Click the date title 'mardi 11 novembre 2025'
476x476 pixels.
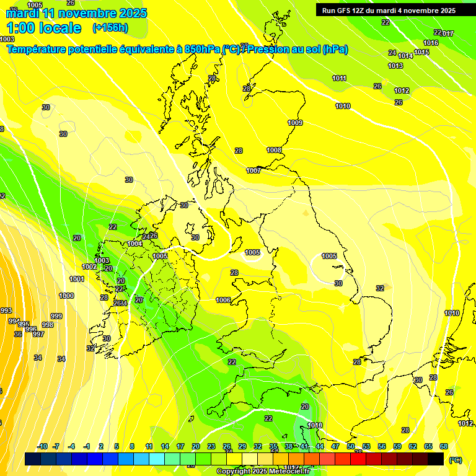pyautogui.click(x=77, y=13)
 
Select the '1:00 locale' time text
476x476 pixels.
pyautogui.click(x=43, y=28)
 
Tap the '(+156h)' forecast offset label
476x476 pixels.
pyautogui.click(x=110, y=28)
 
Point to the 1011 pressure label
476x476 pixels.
pyautogui.click(x=339, y=78)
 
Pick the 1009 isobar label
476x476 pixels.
pyautogui.click(x=295, y=123)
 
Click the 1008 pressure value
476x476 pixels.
pyautogui.click(x=274, y=150)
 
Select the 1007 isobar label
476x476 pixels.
pyautogui.click(x=253, y=170)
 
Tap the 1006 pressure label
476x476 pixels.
pyautogui.click(x=223, y=300)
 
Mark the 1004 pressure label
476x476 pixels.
pyautogui.click(x=135, y=244)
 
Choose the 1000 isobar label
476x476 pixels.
pyautogui.click(x=66, y=296)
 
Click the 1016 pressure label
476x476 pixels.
pyautogui.click(x=431, y=43)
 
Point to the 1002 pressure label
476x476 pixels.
pyautogui.click(x=89, y=267)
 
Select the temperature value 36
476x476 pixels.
pyautogui.click(x=18, y=334)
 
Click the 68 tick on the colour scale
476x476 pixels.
pyautogui.click(x=444, y=446)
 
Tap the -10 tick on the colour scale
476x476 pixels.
pyautogui.click(x=42, y=446)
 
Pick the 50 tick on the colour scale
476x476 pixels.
pyautogui.click(x=351, y=446)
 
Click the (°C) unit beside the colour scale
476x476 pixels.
pyautogui.click(x=456, y=460)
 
